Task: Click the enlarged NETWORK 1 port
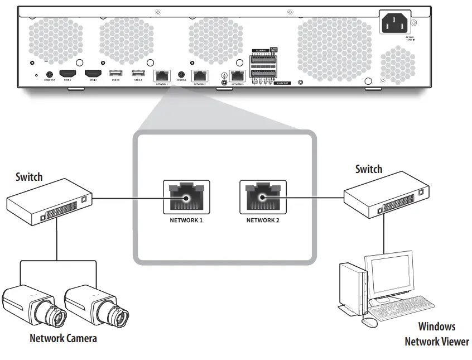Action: pyautogui.click(x=186, y=197)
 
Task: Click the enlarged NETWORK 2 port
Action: pyautogui.click(x=263, y=197)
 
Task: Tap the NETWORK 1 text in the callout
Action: pyautogui.click(x=186, y=220)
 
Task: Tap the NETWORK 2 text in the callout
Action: pyautogui.click(x=263, y=220)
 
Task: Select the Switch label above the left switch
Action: pyautogui.click(x=29, y=177)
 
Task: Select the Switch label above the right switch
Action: pyautogui.click(x=369, y=169)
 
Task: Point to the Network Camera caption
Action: pyautogui.click(x=63, y=338)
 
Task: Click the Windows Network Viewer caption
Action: pyautogui.click(x=437, y=334)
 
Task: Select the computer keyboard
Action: pyautogui.click(x=403, y=309)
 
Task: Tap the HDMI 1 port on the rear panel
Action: pyautogui.click(x=68, y=74)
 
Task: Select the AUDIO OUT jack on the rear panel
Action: pyautogui.click(x=50, y=74)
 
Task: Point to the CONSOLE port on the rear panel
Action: pyautogui.click(x=181, y=74)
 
